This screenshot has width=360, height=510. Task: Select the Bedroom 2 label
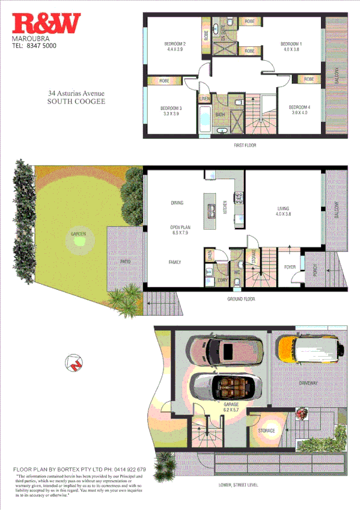[175, 47]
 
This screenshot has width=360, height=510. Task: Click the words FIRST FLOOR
[245, 146]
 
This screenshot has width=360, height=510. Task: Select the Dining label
[177, 203]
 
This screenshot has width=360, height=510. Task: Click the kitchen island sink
[212, 210]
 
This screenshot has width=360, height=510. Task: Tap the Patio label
[124, 262]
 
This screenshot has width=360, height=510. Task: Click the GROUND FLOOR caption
[241, 299]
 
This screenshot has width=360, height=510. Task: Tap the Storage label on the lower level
[267, 431]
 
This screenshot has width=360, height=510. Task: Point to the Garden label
[78, 233]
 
